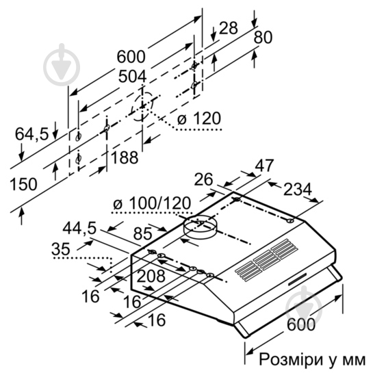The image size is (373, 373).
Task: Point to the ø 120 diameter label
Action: coord(199,120)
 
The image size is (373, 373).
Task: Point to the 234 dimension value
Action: coord(298,188)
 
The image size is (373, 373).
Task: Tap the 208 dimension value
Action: coord(151,276)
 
